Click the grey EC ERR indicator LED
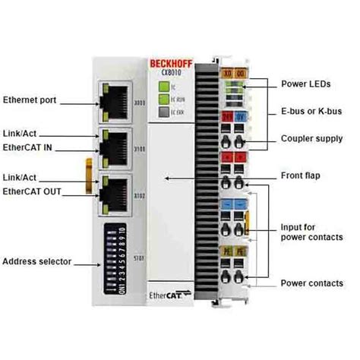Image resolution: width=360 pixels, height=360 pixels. click(163, 112)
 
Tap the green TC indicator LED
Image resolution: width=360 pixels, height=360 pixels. click(163, 87)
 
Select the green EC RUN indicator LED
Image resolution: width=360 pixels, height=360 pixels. click(163, 99)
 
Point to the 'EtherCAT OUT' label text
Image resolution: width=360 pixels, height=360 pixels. click(32, 191)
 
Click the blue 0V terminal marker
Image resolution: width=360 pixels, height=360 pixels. click(240, 116)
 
